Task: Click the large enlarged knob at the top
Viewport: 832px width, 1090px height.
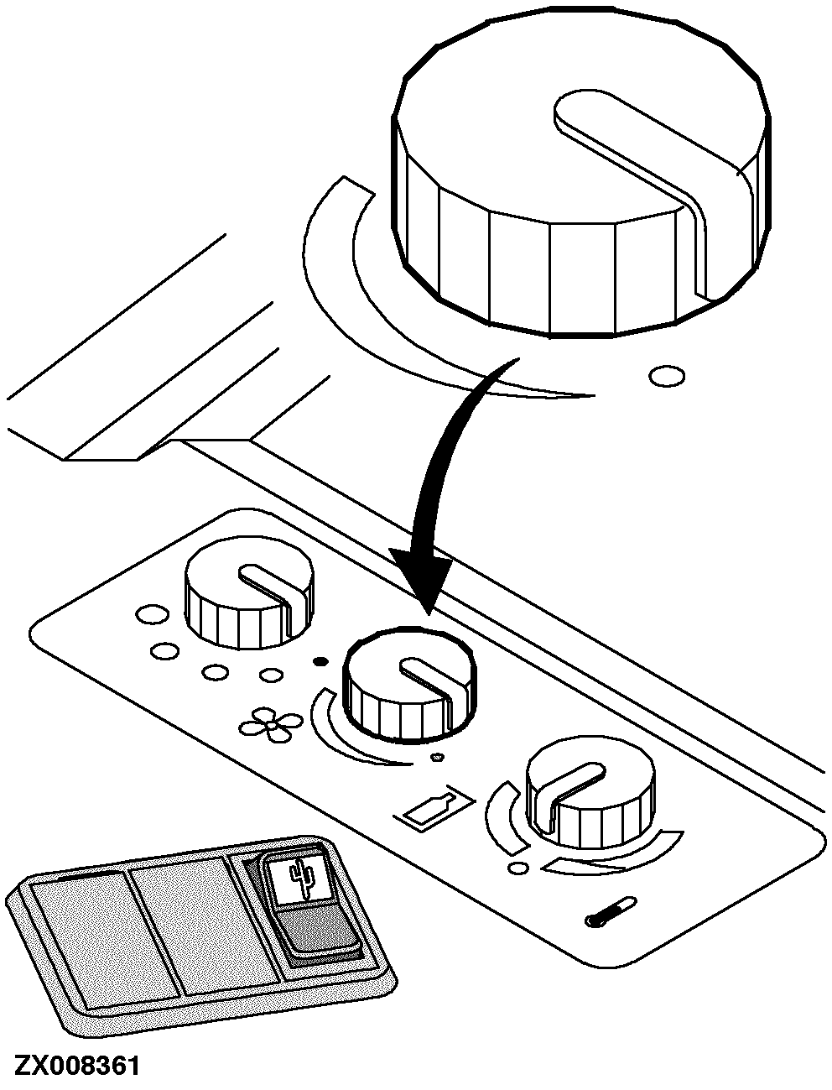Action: pos(581,174)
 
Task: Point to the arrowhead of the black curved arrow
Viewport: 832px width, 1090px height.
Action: pos(422,576)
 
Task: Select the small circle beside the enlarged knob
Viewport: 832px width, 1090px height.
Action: pos(667,376)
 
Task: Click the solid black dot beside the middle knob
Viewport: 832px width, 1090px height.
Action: pos(320,661)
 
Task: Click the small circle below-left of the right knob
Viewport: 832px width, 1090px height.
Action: pos(518,868)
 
